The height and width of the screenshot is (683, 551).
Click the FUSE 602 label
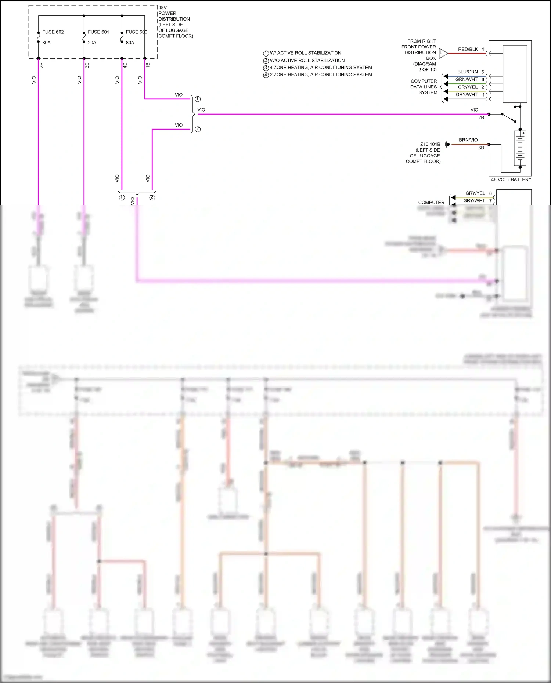[x=53, y=32]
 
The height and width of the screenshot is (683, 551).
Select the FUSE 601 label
[x=98, y=32]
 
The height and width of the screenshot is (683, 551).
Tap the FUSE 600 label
[x=136, y=32]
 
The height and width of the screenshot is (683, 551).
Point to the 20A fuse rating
[x=92, y=43]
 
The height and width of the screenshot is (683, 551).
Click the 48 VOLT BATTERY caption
[x=511, y=179]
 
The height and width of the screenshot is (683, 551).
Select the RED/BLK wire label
[x=468, y=49]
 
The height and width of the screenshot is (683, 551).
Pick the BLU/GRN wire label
[x=467, y=72]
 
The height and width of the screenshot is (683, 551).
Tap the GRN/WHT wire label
[x=467, y=79]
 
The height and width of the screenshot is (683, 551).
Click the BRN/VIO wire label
[x=468, y=140]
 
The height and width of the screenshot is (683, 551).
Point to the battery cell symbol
[x=520, y=148]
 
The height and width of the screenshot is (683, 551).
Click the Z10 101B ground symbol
[x=447, y=145]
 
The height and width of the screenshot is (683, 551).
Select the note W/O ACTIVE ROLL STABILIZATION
[x=307, y=60]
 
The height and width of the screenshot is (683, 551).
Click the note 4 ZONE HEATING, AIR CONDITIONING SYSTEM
[x=321, y=68]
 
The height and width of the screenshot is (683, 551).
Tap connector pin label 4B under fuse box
[x=125, y=65]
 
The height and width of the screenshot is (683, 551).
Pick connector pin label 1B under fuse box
[x=148, y=65]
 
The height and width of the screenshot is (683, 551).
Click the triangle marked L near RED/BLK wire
[x=443, y=53]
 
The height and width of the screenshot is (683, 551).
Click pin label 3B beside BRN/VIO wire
[x=481, y=148]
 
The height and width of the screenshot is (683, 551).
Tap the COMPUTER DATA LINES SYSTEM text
[x=424, y=87]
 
